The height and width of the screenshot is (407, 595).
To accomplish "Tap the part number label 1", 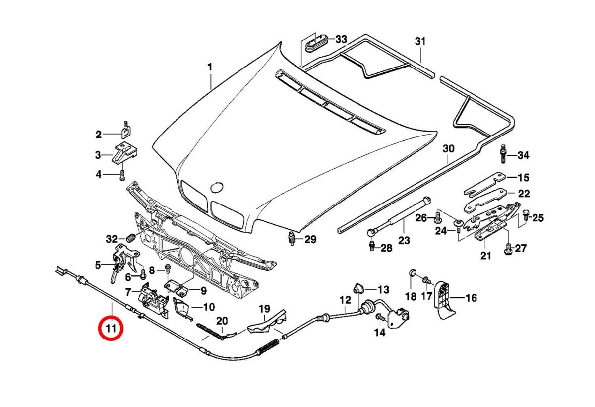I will (x=210, y=67).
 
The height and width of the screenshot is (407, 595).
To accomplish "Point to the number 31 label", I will (x=420, y=42).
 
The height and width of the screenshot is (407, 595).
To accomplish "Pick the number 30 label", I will (x=448, y=149).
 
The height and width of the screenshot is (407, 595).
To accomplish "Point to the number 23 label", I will (x=404, y=240).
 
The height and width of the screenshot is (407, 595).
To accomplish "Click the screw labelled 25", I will (x=525, y=216).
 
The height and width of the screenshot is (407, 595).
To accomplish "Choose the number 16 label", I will (x=471, y=298).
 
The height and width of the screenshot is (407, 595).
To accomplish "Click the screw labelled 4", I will (x=122, y=175).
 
